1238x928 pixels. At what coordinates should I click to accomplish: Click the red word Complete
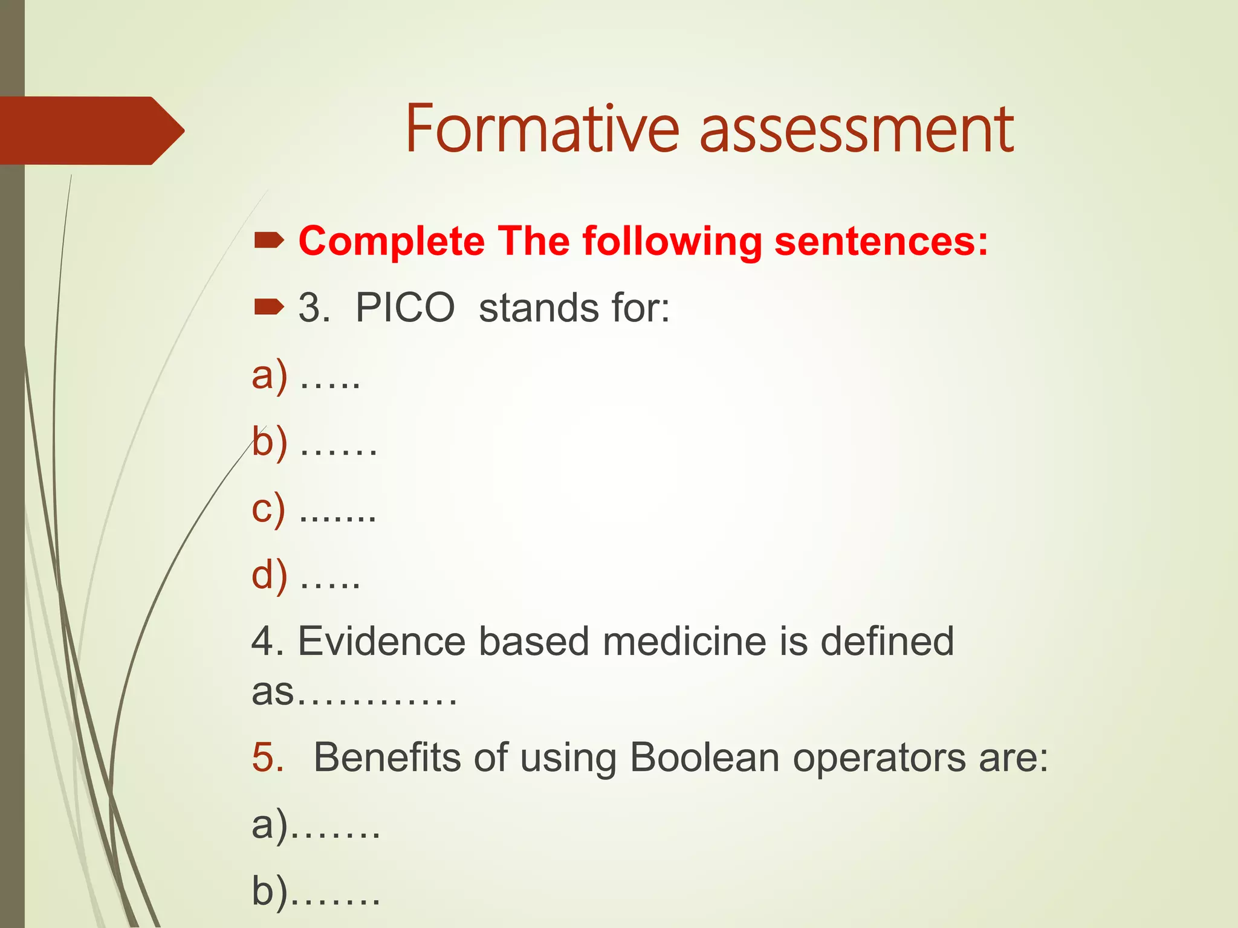click(392, 242)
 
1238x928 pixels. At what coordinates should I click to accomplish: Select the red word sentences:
click(881, 242)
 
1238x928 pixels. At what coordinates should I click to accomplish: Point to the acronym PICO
click(405, 308)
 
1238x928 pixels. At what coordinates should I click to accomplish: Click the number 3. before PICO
click(314, 308)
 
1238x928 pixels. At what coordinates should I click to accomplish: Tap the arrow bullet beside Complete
click(268, 242)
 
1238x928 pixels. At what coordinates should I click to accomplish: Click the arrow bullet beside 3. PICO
click(268, 308)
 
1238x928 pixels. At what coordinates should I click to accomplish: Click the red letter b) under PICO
click(270, 442)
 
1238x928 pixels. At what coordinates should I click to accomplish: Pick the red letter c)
click(268, 509)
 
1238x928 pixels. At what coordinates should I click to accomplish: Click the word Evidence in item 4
click(382, 641)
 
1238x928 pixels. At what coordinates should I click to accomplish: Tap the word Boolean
click(704, 757)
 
